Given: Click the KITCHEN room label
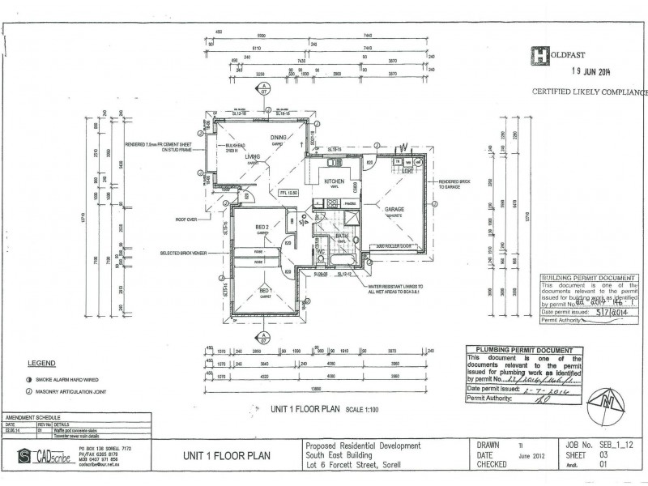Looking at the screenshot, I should tap(335, 182).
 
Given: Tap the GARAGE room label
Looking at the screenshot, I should tap(394, 208).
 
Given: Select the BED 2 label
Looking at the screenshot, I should tap(261, 227).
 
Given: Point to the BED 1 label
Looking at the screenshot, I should tap(264, 289).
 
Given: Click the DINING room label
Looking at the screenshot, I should tap(279, 138).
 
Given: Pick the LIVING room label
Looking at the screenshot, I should tap(253, 157).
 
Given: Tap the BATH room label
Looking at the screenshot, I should tap(343, 237).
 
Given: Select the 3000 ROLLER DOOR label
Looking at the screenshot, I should tap(395, 245).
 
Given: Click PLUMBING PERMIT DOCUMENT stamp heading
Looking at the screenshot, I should tap(524, 349).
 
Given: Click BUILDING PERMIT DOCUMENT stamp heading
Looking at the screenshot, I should tap(593, 278).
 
